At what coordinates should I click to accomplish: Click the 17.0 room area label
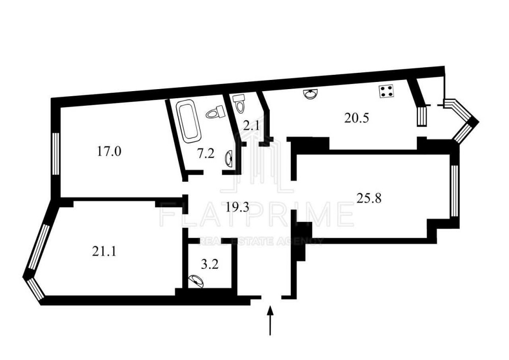(109, 151)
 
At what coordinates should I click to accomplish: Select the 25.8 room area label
(369, 198)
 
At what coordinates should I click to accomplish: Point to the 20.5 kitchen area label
(356, 118)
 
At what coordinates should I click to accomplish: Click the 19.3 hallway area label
(238, 207)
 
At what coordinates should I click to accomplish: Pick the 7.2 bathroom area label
(207, 153)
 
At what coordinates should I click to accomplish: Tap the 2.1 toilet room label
(251, 125)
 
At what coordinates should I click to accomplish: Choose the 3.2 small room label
(209, 265)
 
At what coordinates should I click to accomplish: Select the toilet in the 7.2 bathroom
(215, 112)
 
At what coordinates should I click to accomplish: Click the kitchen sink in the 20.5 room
(312, 94)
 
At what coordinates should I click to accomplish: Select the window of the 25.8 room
(455, 191)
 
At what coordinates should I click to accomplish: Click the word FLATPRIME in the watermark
(257, 214)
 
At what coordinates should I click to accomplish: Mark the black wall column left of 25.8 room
(301, 241)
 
